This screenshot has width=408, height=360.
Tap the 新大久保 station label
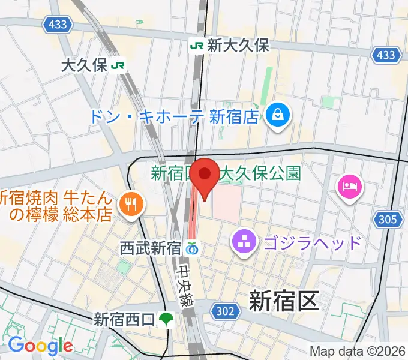(x=238, y=45)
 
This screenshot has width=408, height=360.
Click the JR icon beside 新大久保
(x=196, y=45)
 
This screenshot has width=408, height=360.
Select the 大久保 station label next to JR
(x=85, y=65)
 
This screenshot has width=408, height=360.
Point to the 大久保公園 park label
(x=259, y=174)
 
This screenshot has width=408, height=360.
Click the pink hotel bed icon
(x=349, y=185)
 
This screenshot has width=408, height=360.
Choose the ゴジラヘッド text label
(x=311, y=243)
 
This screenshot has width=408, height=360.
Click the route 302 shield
(x=223, y=310)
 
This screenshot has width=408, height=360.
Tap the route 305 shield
(x=388, y=220)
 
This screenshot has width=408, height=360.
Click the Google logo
(x=40, y=346)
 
